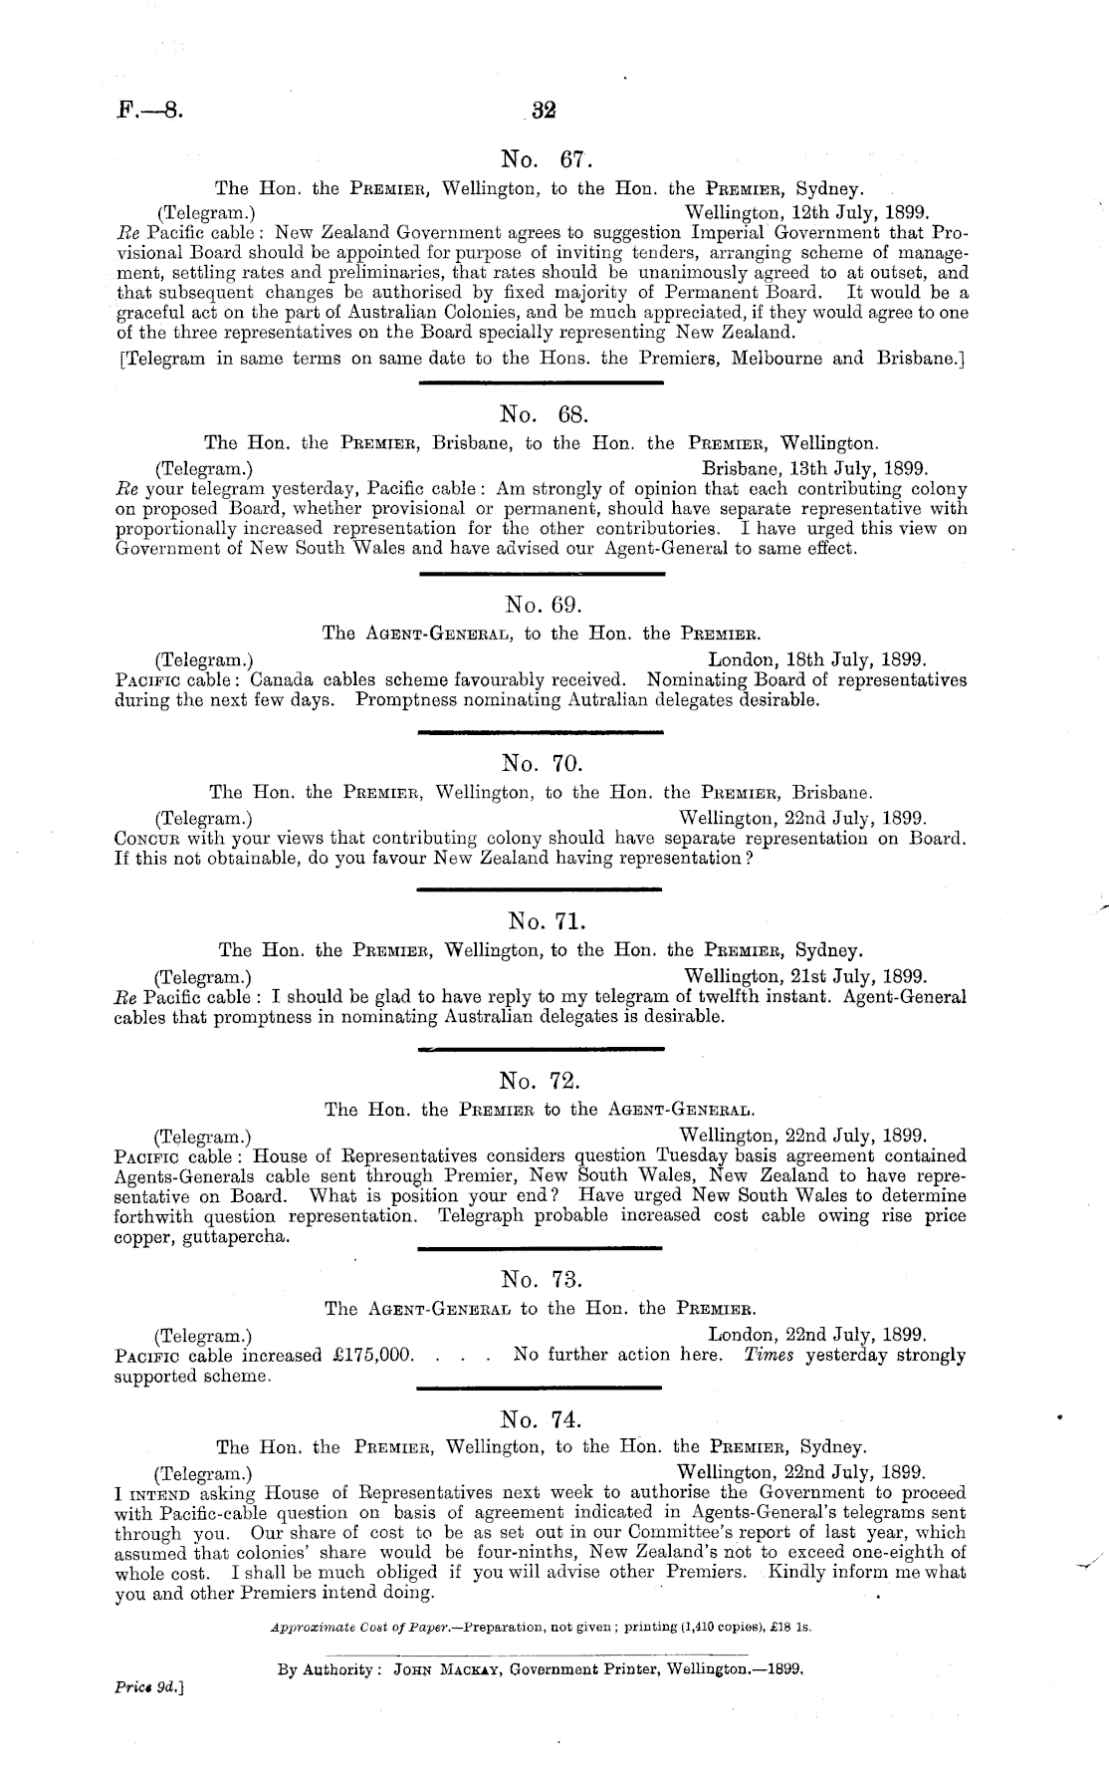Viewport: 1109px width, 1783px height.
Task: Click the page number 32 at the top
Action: coord(543,111)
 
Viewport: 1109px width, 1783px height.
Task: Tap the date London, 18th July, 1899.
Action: coord(817,659)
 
